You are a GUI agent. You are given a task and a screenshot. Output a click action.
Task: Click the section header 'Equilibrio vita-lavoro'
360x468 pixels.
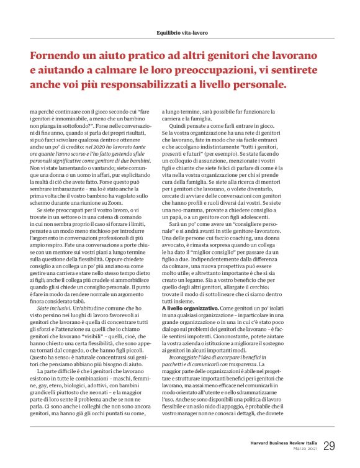(x=179, y=32)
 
